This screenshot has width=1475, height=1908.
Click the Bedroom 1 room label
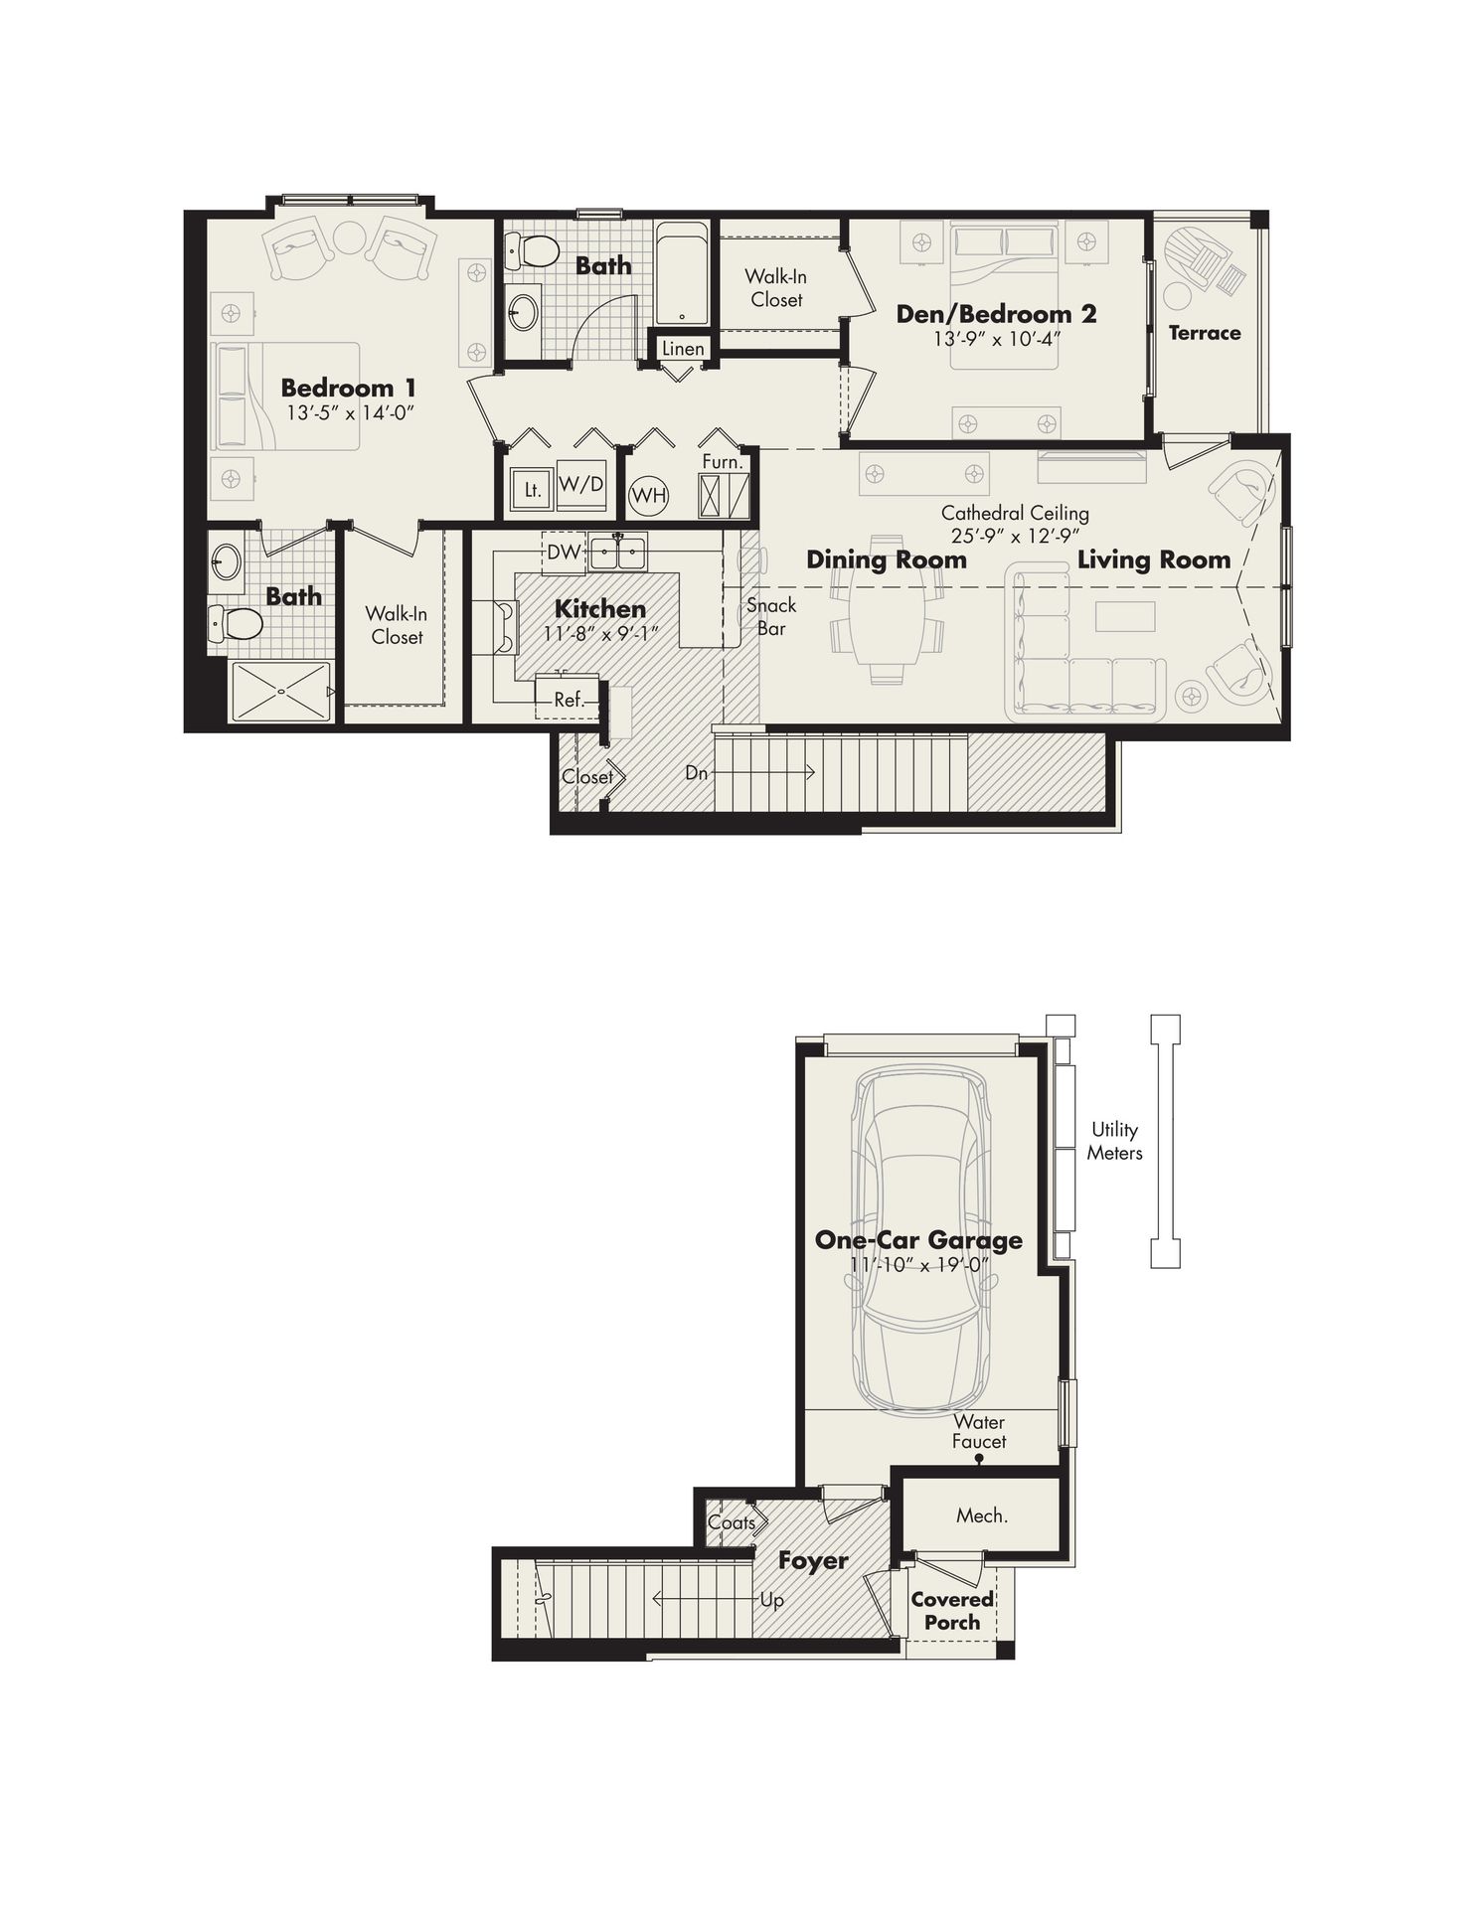tap(348, 388)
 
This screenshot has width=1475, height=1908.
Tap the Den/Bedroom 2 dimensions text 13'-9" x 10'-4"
tap(996, 338)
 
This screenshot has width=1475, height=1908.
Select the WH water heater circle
tap(649, 495)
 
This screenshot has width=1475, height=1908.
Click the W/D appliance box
tap(581, 485)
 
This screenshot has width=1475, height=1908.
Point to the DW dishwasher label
tap(563, 552)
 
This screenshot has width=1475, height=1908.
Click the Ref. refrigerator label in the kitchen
tap(569, 700)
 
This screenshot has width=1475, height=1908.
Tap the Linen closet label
tap(683, 349)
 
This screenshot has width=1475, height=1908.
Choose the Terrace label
tap(1205, 333)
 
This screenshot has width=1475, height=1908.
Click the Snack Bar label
tap(771, 616)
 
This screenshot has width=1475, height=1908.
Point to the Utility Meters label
tap(1114, 1141)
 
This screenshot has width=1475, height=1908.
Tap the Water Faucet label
tap(979, 1431)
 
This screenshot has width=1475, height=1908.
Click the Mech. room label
tap(982, 1515)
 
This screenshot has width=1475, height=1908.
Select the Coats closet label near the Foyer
tap(732, 1521)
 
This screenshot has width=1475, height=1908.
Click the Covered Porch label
tap(952, 1610)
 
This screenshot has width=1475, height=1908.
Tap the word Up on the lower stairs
tap(771, 1600)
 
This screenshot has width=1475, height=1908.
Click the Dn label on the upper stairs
tap(696, 772)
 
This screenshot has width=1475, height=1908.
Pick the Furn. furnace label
tap(722, 462)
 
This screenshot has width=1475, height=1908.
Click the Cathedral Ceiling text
tap(1015, 514)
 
